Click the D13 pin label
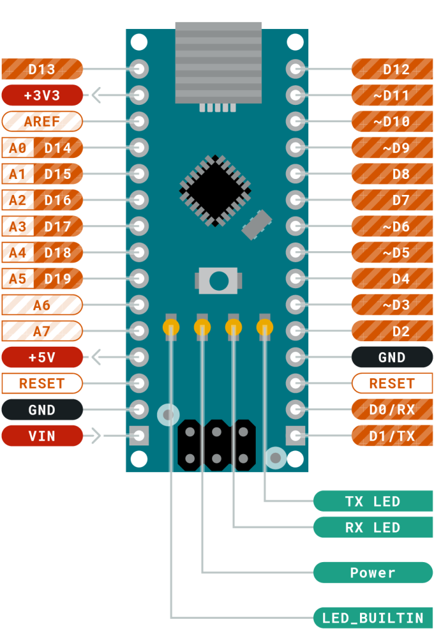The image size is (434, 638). tap(42, 69)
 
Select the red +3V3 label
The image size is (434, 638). tap(42, 96)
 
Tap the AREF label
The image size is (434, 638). tap(42, 122)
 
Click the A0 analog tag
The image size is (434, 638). tap(17, 148)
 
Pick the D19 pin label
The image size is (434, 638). tap(58, 279)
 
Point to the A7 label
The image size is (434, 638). tap(42, 331)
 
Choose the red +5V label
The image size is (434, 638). tap(42, 357)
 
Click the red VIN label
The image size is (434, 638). tap(42, 436)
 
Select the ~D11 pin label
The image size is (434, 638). tap(391, 96)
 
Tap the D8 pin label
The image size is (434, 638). tap(391, 174)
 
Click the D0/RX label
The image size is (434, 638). tap(391, 409)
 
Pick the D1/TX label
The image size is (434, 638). tap(391, 436)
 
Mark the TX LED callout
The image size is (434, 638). tap(373, 501)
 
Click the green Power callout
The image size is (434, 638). tap(373, 573)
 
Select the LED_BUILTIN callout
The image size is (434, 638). tap(373, 618)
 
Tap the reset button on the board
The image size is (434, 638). tap(217, 281)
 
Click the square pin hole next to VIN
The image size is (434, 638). tap(140, 436)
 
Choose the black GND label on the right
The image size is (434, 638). tap(391, 357)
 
